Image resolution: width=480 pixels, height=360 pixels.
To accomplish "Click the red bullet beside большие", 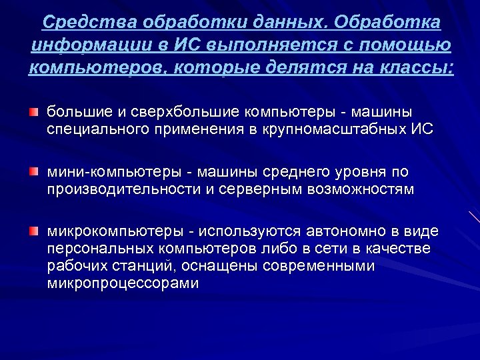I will [x=33, y=109].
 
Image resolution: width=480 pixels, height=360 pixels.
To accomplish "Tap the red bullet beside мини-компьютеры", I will [x=33, y=173].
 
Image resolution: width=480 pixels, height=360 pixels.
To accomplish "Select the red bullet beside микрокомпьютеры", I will [x=33, y=231].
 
